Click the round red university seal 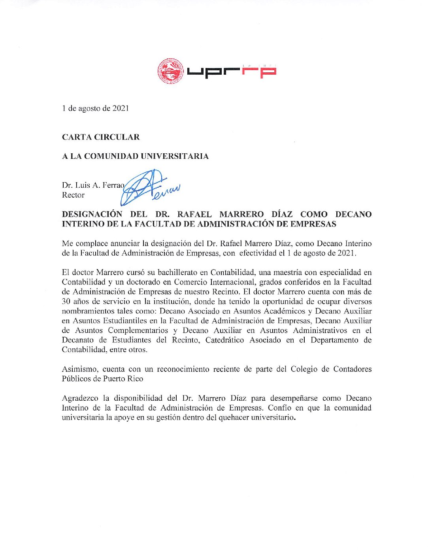pos(171,71)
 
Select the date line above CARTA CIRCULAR pos(95,108)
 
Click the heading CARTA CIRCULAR pos(101,137)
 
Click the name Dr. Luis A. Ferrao pos(93,185)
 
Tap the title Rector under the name pos(73,195)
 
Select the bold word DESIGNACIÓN pos(92,214)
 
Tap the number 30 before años pos(66,301)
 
